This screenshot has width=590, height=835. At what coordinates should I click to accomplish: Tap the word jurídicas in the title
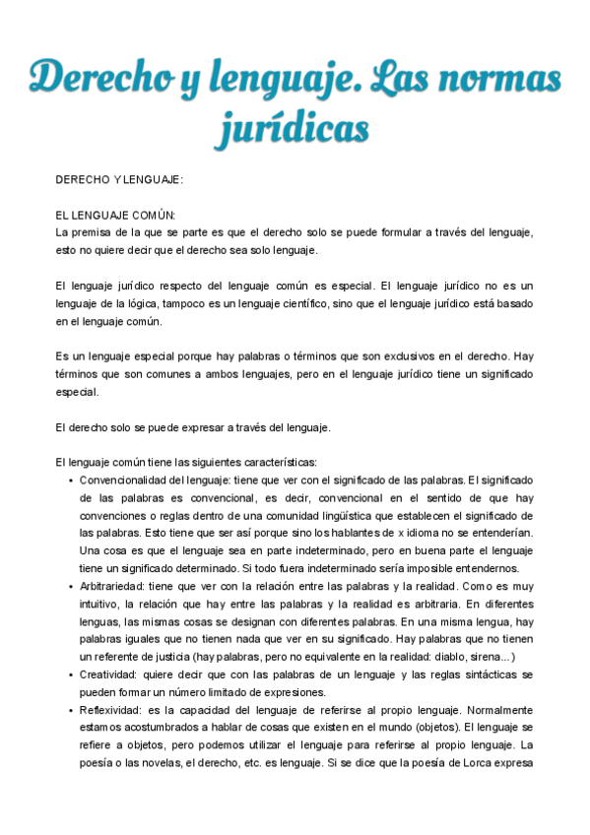click(295, 129)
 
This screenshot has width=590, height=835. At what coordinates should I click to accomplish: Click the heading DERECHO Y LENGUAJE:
click(119, 180)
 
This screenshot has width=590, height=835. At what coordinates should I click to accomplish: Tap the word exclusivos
click(386, 355)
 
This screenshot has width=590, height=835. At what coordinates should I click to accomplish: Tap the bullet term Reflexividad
click(112, 710)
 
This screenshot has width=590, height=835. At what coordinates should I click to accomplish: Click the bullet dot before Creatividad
click(71, 675)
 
